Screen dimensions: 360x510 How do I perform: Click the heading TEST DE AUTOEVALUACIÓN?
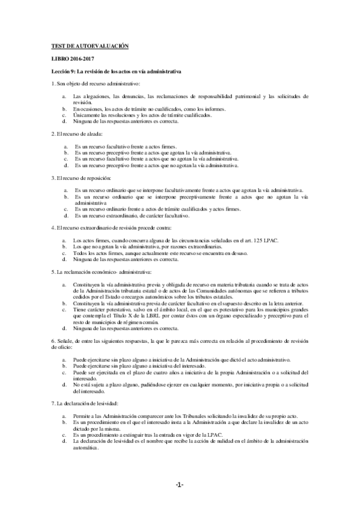pos(90,46)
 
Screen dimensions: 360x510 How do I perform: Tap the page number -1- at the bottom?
pos(180,485)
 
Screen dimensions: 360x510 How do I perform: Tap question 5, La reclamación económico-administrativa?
pos(96,272)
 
